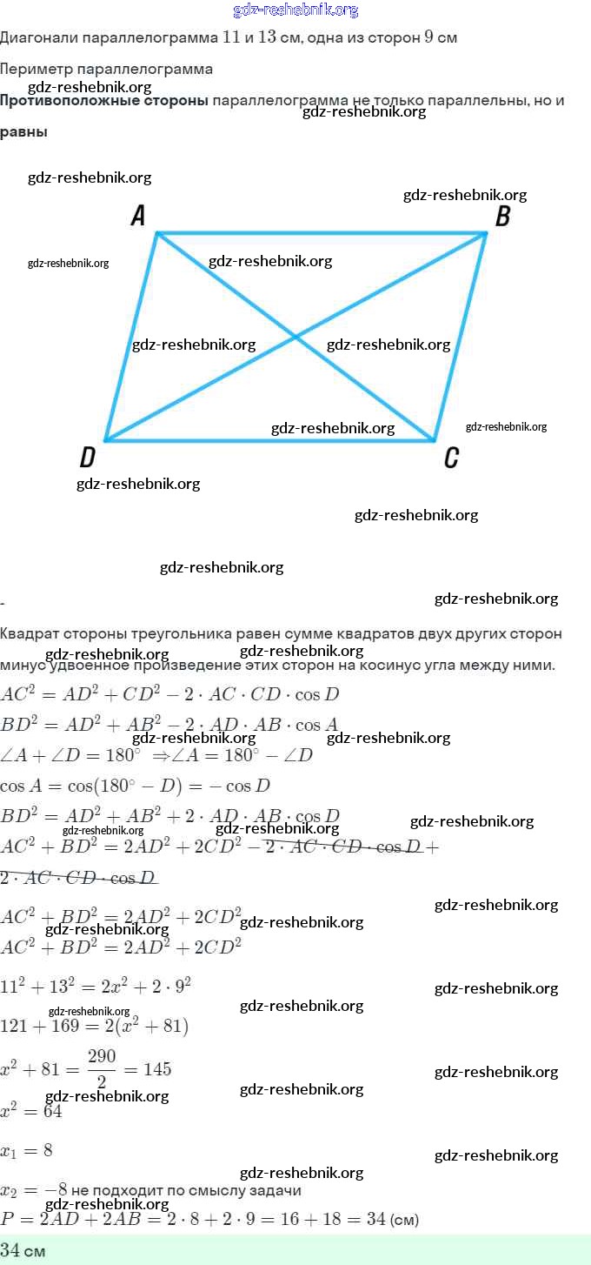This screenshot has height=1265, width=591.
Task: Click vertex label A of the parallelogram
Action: (138, 216)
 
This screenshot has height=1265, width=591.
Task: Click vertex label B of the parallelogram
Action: (502, 217)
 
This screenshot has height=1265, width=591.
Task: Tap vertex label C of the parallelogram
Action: (451, 458)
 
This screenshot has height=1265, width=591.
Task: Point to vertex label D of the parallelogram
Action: (87, 458)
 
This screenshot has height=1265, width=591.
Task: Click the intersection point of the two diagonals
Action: (295, 337)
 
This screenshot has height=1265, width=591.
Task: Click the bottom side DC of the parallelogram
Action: (217, 440)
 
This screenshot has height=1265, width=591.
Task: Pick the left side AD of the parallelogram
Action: (130, 337)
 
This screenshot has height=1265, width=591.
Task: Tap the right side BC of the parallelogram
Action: (461, 337)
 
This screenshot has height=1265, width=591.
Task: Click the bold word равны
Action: (23, 132)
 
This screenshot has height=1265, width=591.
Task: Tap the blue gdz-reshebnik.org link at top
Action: (295, 10)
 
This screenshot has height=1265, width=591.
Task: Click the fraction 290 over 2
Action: (102, 1068)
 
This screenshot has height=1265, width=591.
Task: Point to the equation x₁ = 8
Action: (26, 1150)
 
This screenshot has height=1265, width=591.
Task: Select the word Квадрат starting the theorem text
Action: (31, 633)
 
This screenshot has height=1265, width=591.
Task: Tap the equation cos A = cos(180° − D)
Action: (135, 786)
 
